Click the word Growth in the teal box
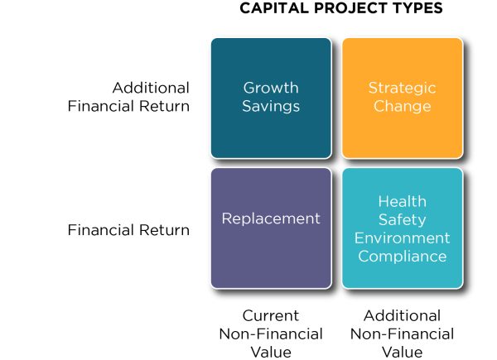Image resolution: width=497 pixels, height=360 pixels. point(271,88)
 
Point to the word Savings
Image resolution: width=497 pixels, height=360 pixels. point(271,106)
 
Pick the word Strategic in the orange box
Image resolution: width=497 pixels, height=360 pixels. point(402,88)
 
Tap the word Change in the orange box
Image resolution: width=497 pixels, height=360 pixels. point(402,106)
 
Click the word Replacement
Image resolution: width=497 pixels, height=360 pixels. point(271,218)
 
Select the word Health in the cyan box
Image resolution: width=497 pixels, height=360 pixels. point(402,201)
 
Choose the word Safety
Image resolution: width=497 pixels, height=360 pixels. point(402,219)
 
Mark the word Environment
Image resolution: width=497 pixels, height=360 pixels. point(402,238)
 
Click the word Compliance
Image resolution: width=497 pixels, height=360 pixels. point(402,256)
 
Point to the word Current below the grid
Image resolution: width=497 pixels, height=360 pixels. point(270,315)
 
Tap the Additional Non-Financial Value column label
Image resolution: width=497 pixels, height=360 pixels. point(402,334)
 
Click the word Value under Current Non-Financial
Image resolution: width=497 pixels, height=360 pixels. point(270,352)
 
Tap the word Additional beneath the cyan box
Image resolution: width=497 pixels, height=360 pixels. point(402,315)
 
